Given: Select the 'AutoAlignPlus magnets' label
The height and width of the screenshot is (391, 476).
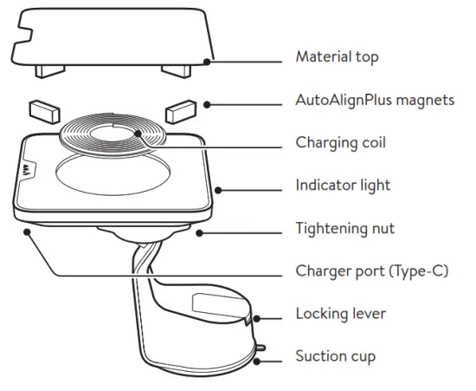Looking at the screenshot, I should pyautogui.click(x=374, y=101).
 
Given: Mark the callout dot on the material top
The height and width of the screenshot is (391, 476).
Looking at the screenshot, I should pyautogui.click(x=206, y=60).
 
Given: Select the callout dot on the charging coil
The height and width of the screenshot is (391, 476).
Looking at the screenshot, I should pyautogui.click(x=138, y=134).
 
